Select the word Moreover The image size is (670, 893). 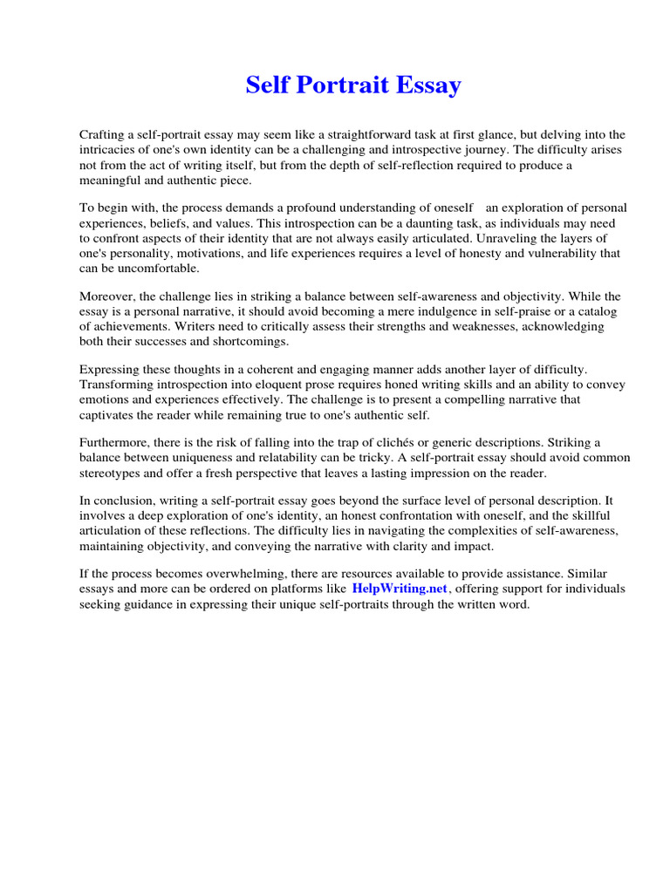[x=107, y=297]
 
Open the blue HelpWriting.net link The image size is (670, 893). [x=400, y=590]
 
